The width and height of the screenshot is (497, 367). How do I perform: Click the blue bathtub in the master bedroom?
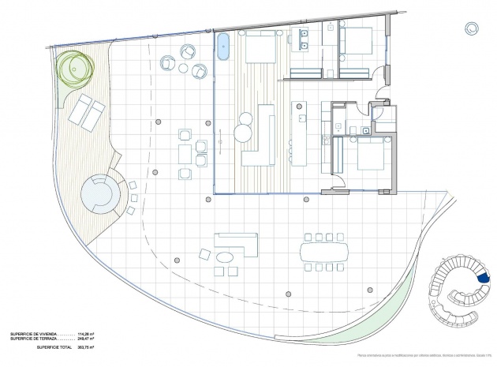coord(223,47)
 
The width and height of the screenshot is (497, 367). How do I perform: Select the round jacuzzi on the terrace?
coord(100,193)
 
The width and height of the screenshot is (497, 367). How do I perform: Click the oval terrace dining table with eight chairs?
coord(323,252)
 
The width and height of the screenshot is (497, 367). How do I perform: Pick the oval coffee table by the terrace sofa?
coord(227,257)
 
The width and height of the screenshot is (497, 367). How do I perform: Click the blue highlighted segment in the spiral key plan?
coord(484,277)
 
